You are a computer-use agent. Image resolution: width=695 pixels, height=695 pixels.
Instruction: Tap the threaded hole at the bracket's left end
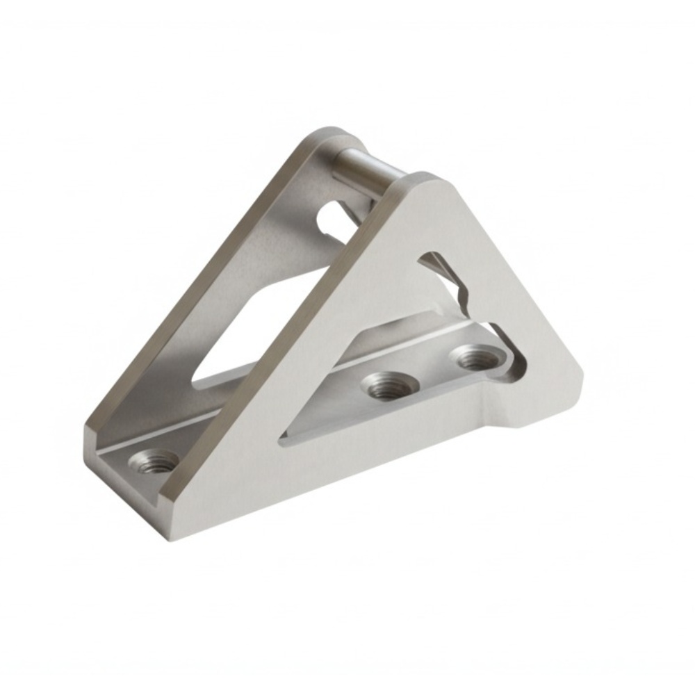155,461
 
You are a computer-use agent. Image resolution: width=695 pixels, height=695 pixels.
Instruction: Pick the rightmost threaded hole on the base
478,359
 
